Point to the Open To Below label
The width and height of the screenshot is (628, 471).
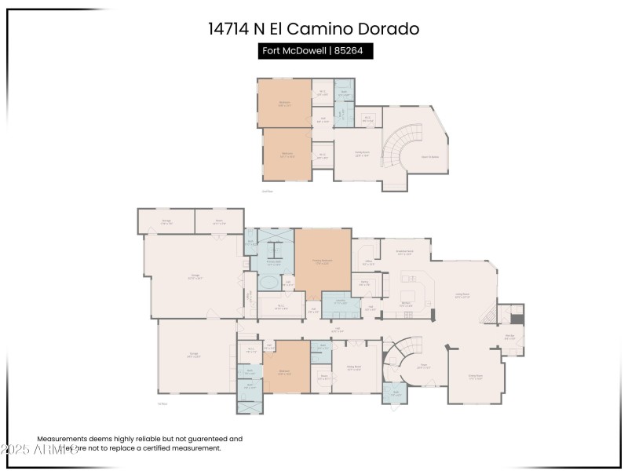tap(429, 157)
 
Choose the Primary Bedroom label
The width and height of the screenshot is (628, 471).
tap(323, 261)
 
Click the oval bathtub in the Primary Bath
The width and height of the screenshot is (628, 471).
tap(268, 282)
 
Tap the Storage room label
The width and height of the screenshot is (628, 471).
tap(166, 222)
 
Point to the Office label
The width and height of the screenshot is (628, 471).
tap(368, 263)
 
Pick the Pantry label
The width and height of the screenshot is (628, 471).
tap(364, 283)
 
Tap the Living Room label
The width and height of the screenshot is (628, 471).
tap(463, 295)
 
